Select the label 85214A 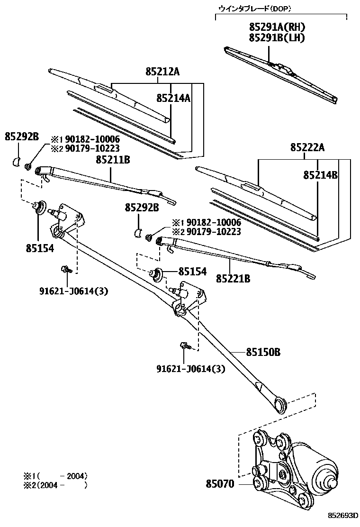(x=174, y=98)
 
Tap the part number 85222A (x=307, y=148)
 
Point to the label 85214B (x=321, y=174)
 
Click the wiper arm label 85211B (x=113, y=160)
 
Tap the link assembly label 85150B (x=263, y=352)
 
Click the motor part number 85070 (x=220, y=484)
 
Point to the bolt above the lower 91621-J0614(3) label (x=184, y=346)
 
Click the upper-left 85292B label (x=22, y=136)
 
